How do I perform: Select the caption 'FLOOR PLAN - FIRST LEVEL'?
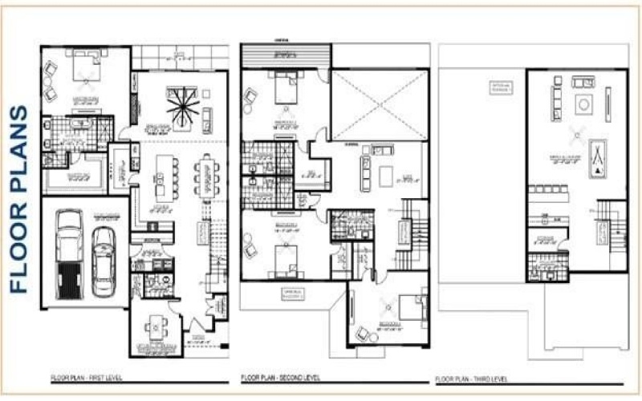tap(86, 376)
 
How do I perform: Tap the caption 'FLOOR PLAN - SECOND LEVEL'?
tap(282, 377)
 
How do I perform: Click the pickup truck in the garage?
tap(69, 253)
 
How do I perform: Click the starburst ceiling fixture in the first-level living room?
tap(181, 107)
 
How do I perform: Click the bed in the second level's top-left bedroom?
tap(286, 88)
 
